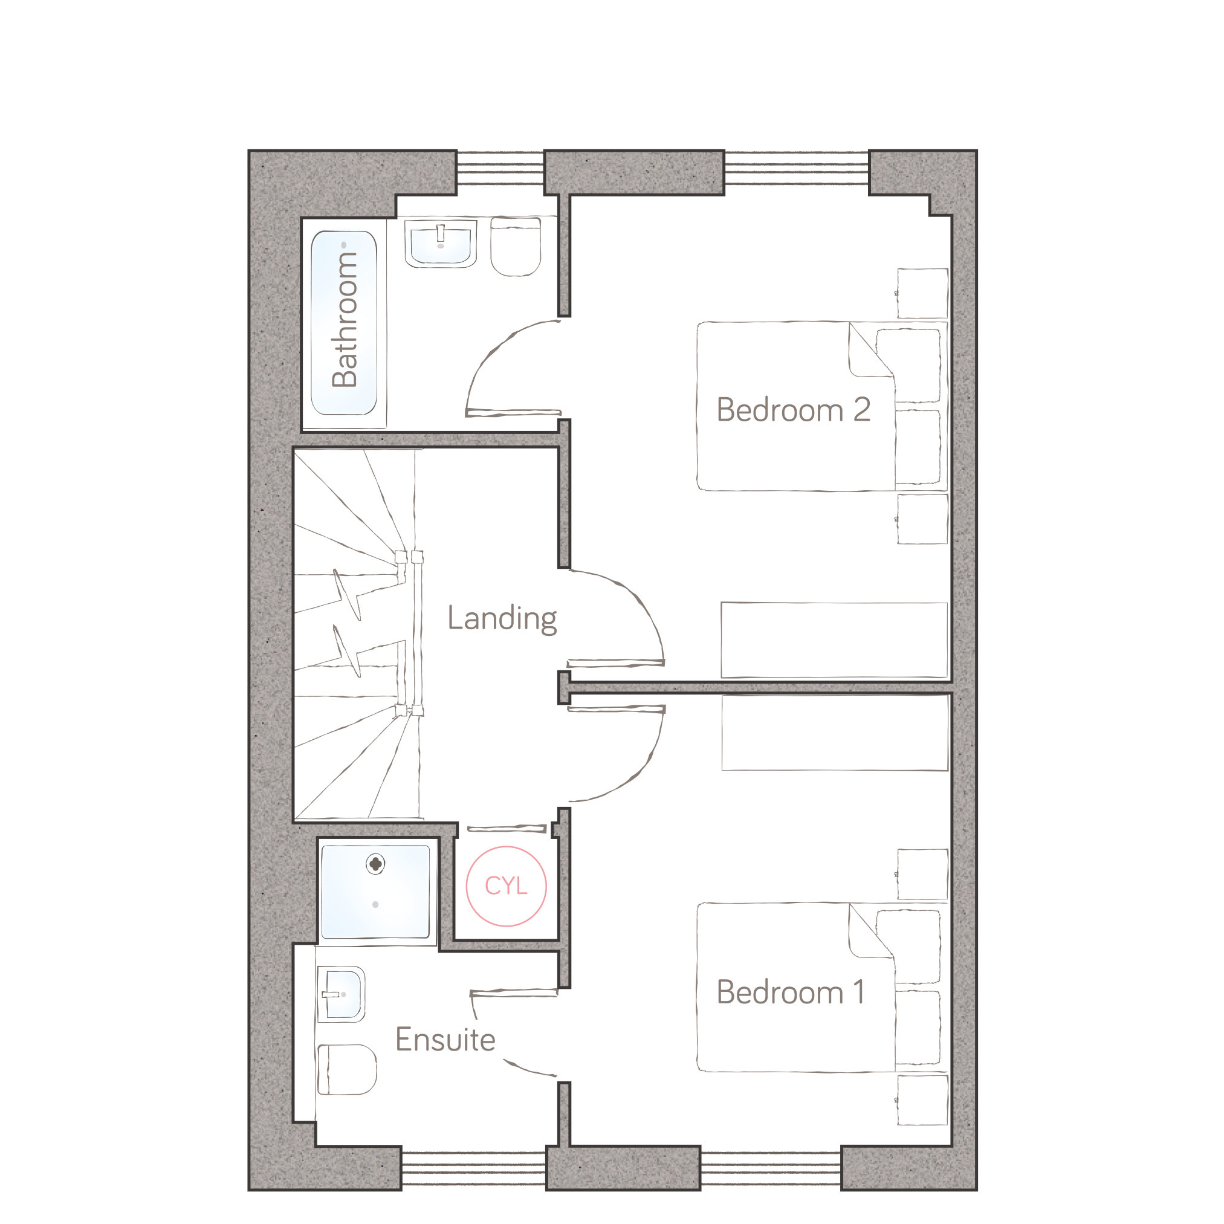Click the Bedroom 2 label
[793, 410]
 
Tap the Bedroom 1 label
[791, 992]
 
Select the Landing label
[502, 618]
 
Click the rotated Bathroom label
[345, 319]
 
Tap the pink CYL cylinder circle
[506, 886]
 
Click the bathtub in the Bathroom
[344, 323]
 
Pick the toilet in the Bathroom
[516, 247]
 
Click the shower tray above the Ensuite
[376, 892]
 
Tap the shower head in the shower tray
[376, 864]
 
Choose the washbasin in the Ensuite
[341, 994]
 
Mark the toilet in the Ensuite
[346, 1069]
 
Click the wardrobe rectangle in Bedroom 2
[834, 640]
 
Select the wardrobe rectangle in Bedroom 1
[835, 733]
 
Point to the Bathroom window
[500, 168]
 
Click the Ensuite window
[474, 1168]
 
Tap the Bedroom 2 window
[797, 168]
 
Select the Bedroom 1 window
[771, 1168]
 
